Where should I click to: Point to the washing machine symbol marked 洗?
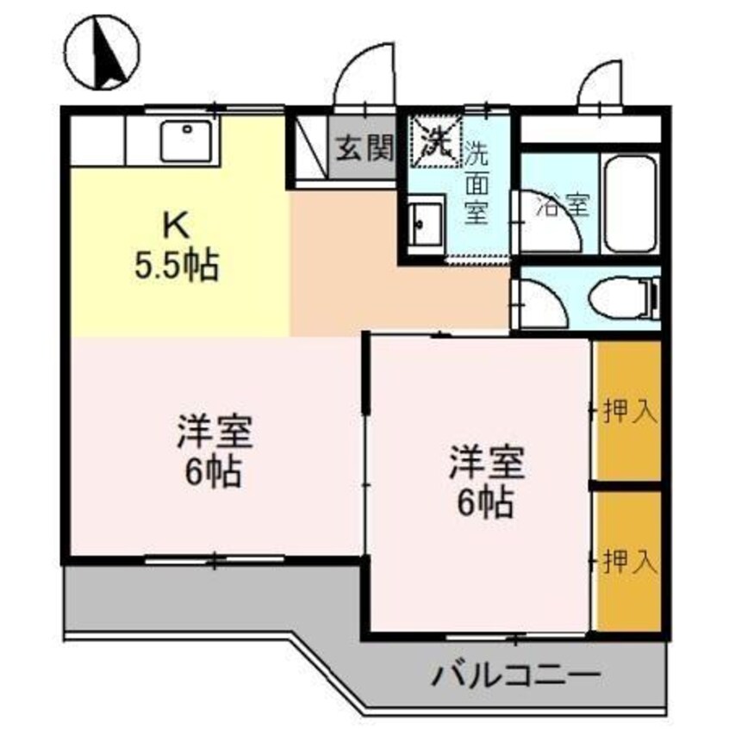pos(436,140)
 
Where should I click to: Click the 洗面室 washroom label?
pos(477,183)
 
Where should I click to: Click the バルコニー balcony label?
pos(512,673)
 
